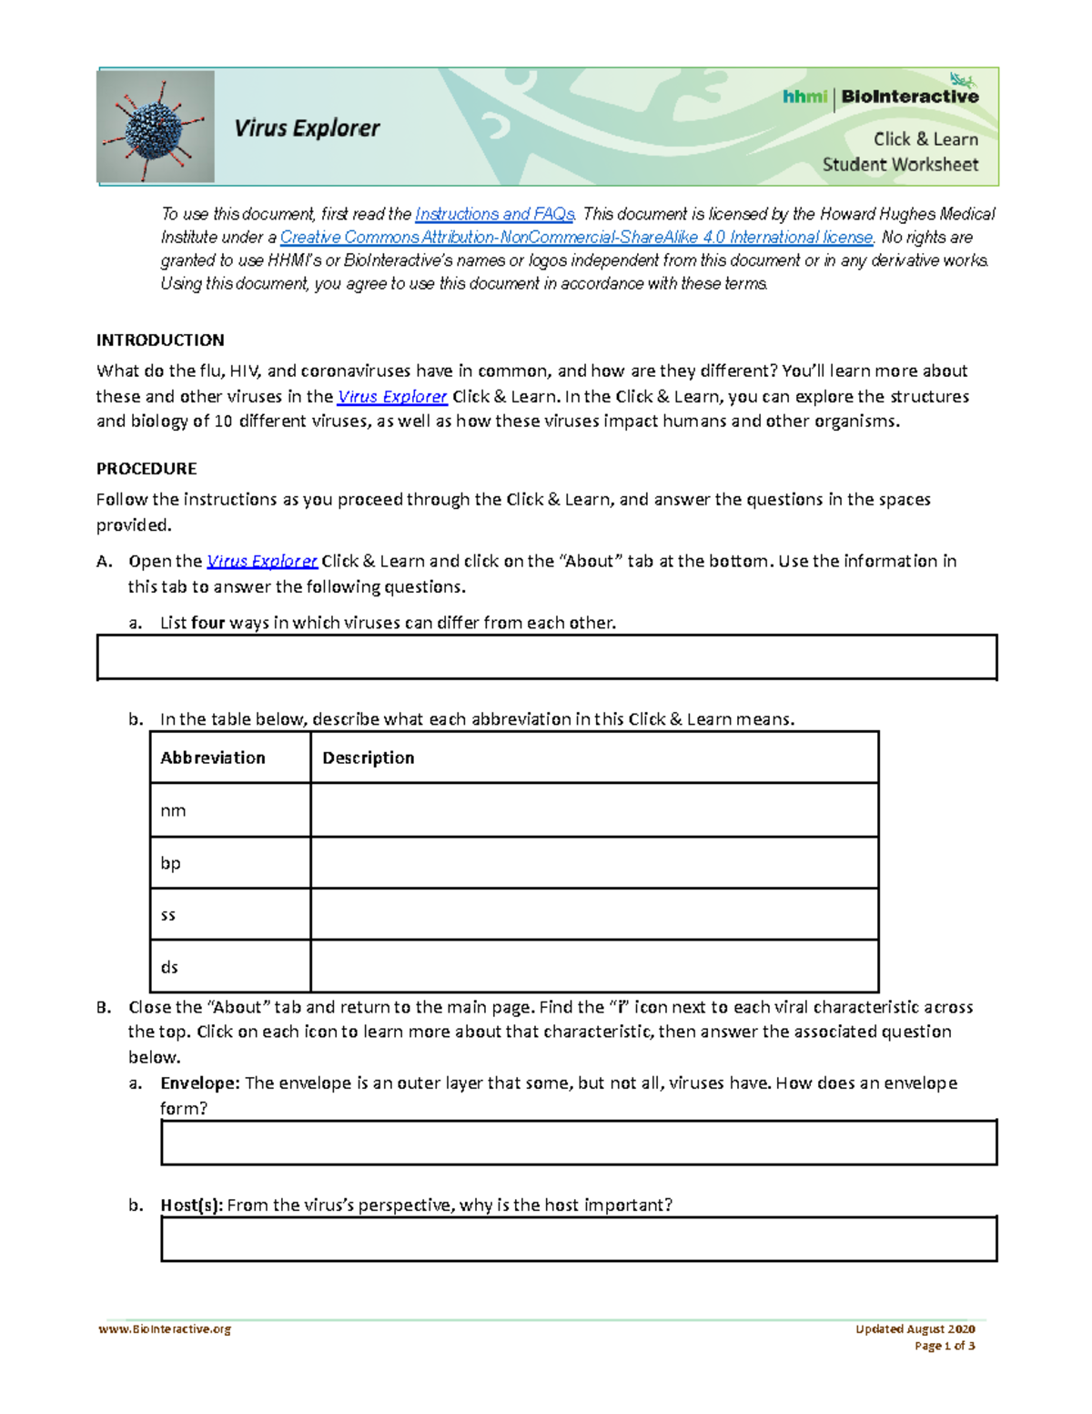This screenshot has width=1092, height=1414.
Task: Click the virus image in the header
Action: click(x=156, y=127)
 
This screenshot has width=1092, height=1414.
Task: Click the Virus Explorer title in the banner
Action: click(x=307, y=128)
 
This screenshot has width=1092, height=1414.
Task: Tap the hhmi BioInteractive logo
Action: click(x=880, y=97)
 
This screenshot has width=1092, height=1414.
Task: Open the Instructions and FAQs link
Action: click(x=494, y=214)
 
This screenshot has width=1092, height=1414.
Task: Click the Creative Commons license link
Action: click(x=577, y=238)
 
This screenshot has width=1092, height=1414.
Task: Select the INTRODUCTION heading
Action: click(x=160, y=341)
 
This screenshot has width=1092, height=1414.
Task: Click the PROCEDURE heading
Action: click(x=147, y=469)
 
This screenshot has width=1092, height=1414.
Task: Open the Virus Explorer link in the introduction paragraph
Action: click(x=391, y=397)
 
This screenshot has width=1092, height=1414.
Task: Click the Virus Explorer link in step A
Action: click(x=262, y=562)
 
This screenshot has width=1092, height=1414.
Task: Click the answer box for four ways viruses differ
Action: click(x=547, y=657)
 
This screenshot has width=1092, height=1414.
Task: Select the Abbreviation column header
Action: click(x=213, y=758)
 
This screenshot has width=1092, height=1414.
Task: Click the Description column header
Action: click(x=369, y=758)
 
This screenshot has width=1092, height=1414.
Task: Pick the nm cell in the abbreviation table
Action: click(x=174, y=810)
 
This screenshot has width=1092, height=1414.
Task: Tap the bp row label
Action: click(x=171, y=862)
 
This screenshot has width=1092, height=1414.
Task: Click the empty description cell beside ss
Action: click(x=594, y=914)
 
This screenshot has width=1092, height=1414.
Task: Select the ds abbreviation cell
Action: click(x=170, y=967)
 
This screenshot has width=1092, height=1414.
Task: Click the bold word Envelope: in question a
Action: click(x=200, y=1083)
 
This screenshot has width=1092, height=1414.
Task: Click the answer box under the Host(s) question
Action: click(x=579, y=1239)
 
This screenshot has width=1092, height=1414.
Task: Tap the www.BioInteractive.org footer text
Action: click(x=165, y=1329)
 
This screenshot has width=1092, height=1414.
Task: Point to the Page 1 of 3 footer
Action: click(x=945, y=1346)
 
